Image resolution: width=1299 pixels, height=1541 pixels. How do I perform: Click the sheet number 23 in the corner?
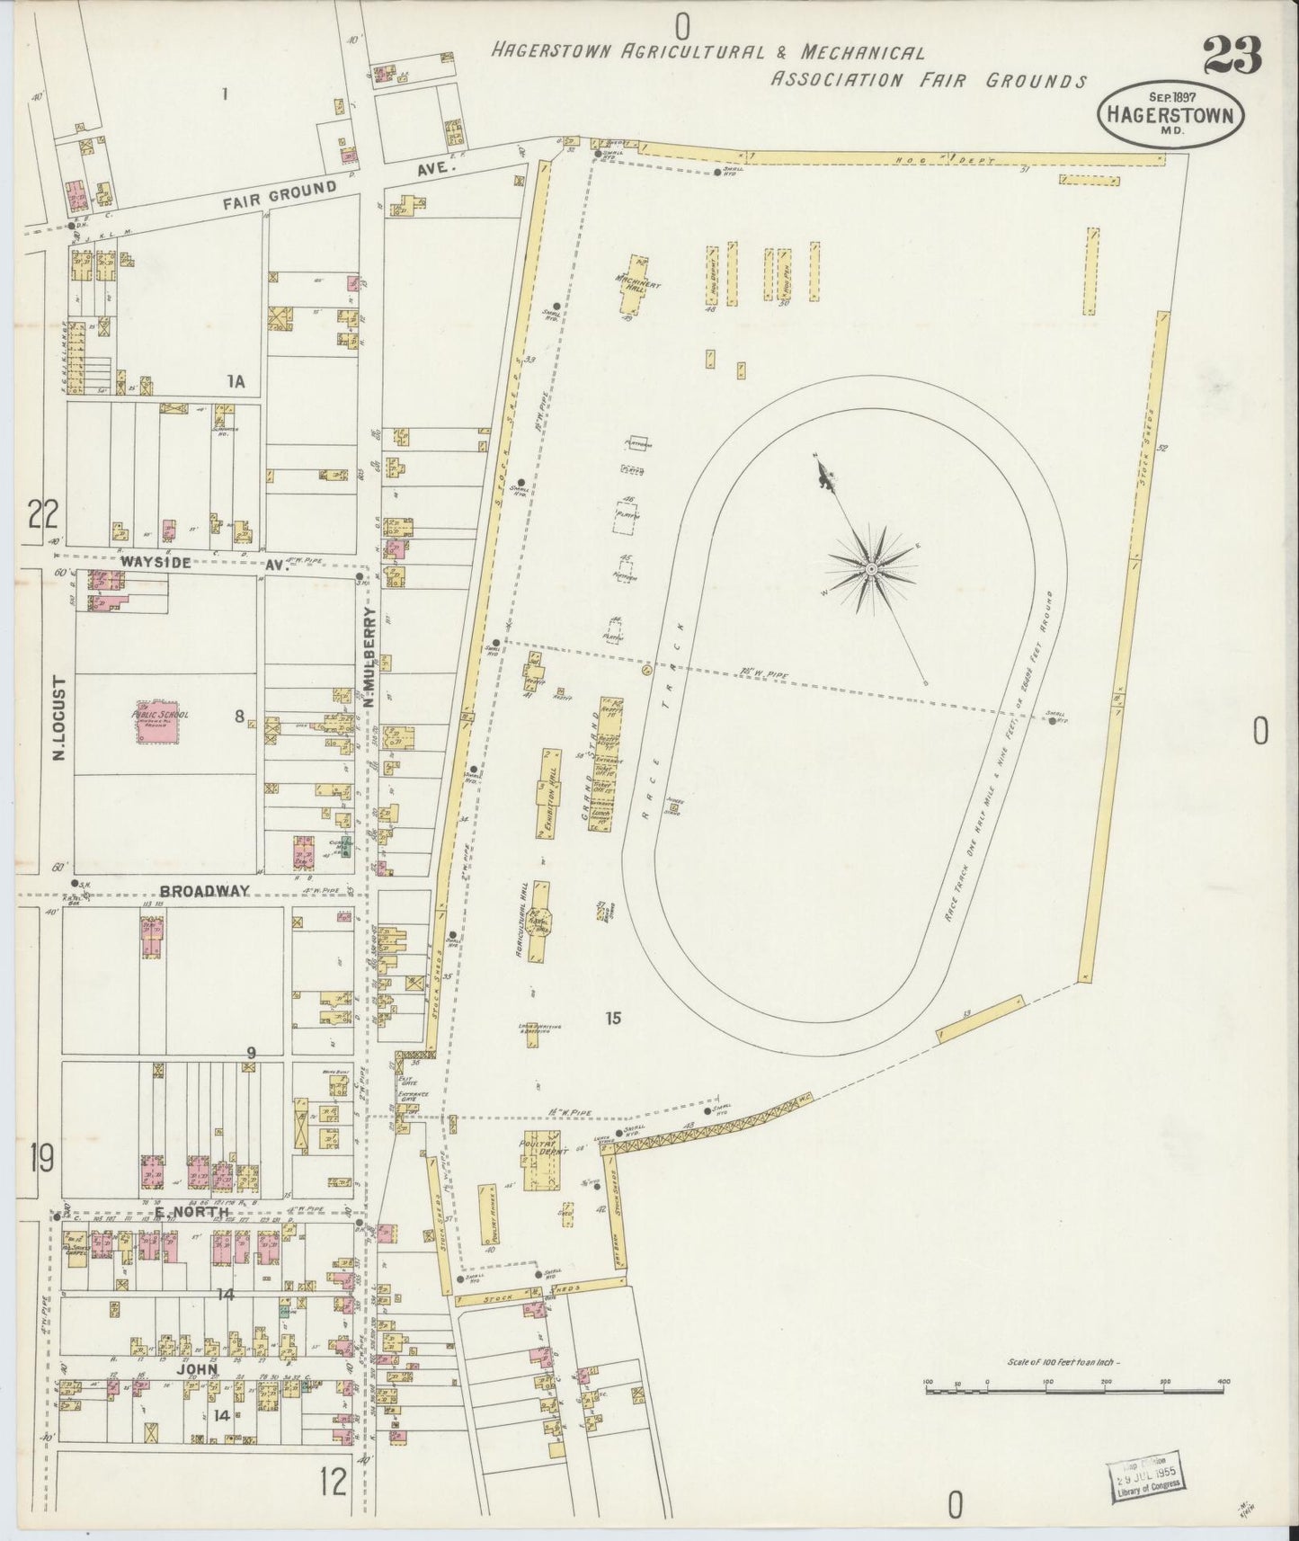pyautogui.click(x=1232, y=57)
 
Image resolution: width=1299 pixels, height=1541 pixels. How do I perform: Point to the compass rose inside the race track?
pyautogui.click(x=870, y=568)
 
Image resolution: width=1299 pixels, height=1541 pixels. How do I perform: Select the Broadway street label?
pyautogui.click(x=204, y=890)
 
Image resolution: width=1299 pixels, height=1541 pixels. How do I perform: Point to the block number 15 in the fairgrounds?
pyautogui.click(x=613, y=1018)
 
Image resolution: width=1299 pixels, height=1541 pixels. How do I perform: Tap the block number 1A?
pyautogui.click(x=236, y=382)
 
